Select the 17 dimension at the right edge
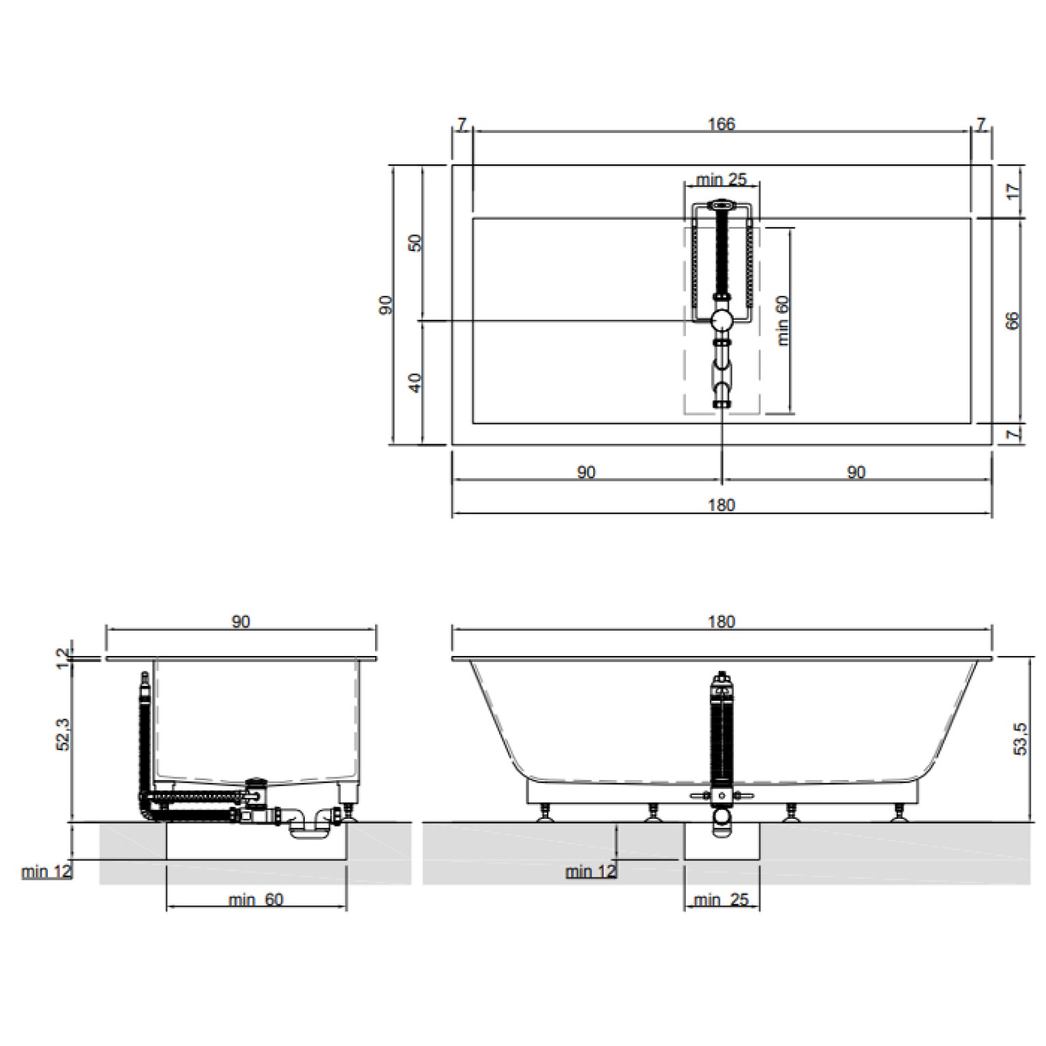[x=1013, y=192]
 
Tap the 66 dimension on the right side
[x=1013, y=320]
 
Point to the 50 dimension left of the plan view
[x=415, y=243]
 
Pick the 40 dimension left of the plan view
[x=415, y=383]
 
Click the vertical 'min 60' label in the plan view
[x=782, y=320]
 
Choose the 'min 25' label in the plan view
[x=721, y=179]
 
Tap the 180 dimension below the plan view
[x=721, y=505]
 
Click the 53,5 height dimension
[x=1020, y=738]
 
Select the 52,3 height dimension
[x=63, y=734]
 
